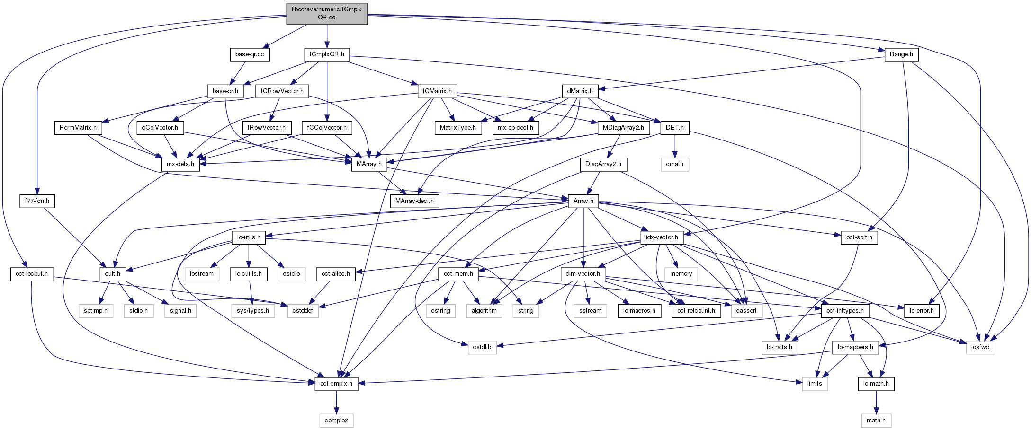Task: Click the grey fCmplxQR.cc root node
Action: tap(326, 13)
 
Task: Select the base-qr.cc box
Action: tap(250, 54)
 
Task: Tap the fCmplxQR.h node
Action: tap(327, 54)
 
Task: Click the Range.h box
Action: tap(901, 54)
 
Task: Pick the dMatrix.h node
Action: tap(580, 91)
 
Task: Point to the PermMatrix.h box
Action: tap(78, 128)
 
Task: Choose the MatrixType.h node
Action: tap(458, 128)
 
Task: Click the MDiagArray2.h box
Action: tap(623, 128)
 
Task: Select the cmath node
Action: tap(674, 164)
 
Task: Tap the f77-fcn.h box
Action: tap(37, 201)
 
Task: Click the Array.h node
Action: tap(583, 201)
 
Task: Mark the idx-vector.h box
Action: tap(662, 237)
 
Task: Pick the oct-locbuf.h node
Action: tap(32, 274)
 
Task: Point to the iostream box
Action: tap(202, 274)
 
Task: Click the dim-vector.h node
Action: tap(583, 274)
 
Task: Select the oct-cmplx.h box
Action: tap(336, 384)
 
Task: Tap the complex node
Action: tap(336, 421)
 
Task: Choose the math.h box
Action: tap(876, 421)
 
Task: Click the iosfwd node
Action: tap(980, 347)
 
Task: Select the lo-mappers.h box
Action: tap(855, 347)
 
